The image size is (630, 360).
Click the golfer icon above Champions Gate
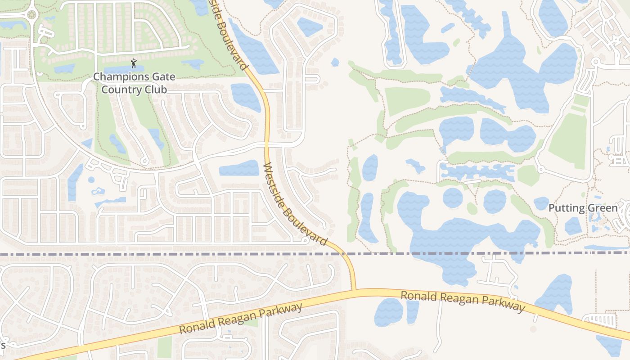(133, 64)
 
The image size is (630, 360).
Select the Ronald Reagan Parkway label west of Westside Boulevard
(241, 319)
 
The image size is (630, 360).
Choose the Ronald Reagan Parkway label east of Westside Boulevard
(463, 301)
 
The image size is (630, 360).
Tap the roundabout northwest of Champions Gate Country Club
(31, 14)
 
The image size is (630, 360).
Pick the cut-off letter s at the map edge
(2, 345)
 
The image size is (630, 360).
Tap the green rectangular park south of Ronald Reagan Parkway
(165, 346)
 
